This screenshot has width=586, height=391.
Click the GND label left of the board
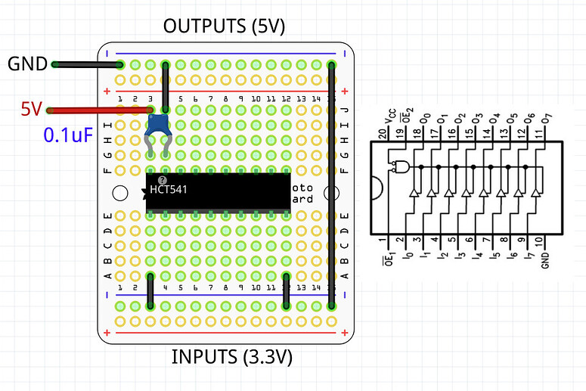(27, 64)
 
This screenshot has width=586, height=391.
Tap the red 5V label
(31, 110)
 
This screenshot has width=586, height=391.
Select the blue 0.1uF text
(68, 135)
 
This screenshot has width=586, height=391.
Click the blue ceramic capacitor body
(158, 124)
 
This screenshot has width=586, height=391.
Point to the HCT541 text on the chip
(169, 189)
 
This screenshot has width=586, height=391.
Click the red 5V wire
(98, 110)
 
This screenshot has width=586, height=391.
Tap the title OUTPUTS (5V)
(224, 27)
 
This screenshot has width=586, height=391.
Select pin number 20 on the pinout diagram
(389, 133)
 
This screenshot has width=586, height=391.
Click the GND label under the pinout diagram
(544, 261)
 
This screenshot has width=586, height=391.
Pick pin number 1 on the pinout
(389, 241)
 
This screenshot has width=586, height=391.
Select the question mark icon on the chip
(162, 179)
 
